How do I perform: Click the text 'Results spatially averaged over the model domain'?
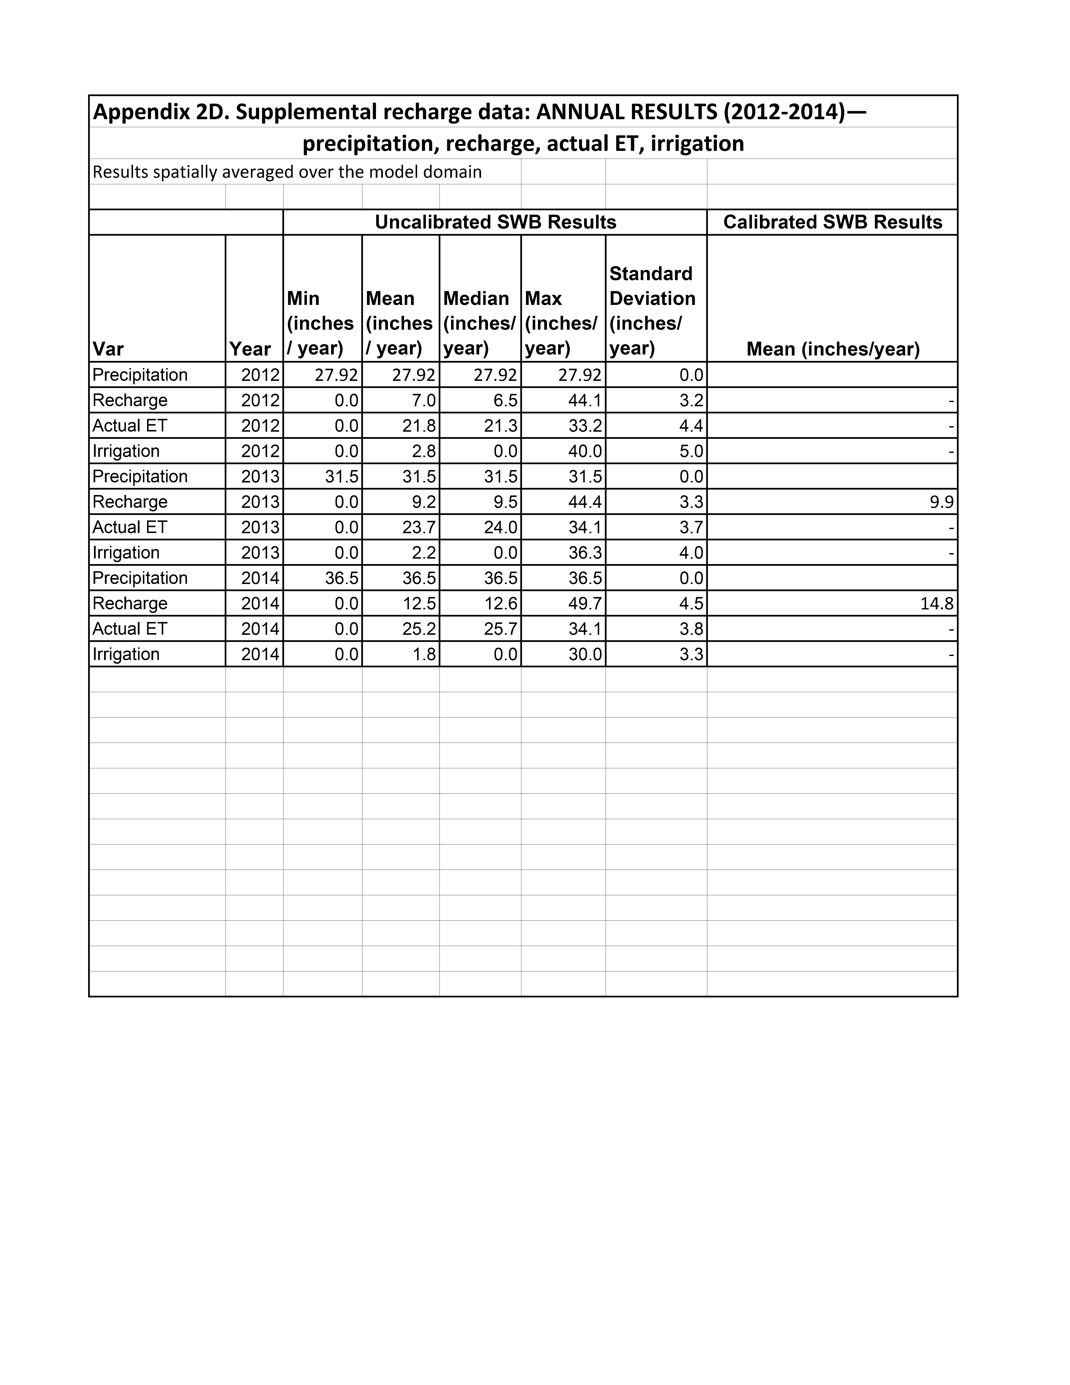coord(287,172)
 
